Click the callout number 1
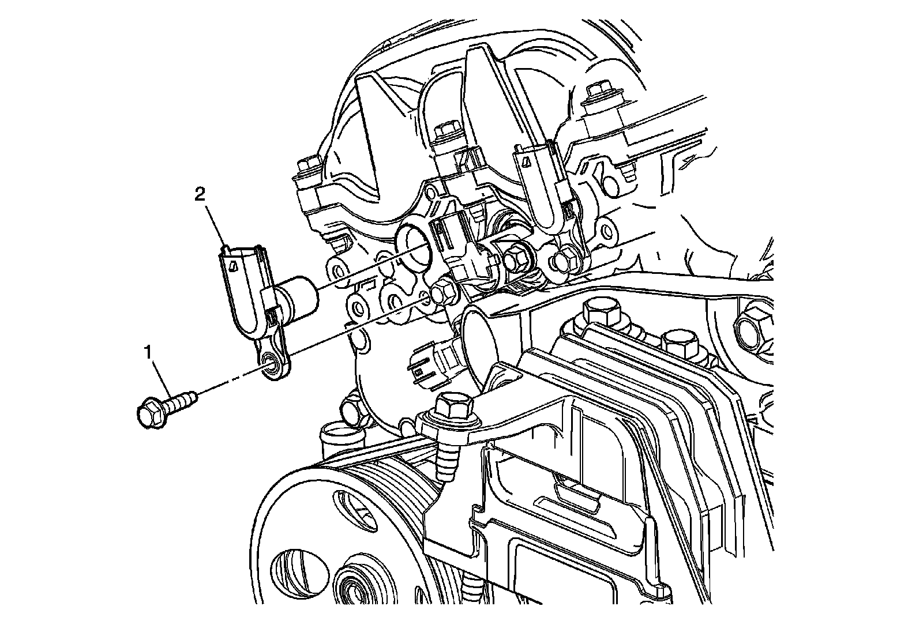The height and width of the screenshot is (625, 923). click(148, 353)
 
